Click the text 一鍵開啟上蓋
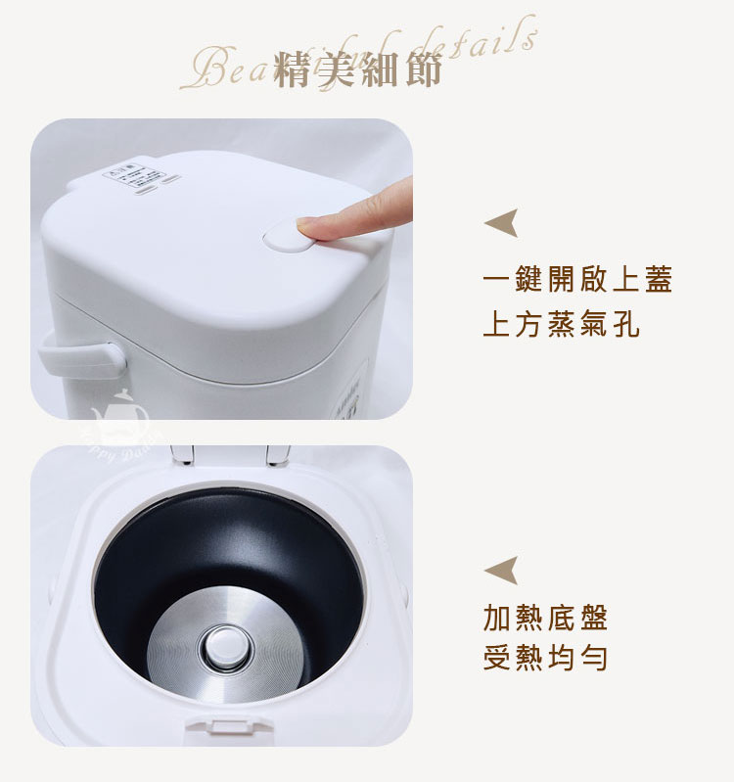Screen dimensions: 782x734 point(577,280)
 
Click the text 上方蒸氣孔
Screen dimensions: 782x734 point(561,325)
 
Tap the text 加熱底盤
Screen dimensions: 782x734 point(545,618)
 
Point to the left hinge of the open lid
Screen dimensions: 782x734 point(182,453)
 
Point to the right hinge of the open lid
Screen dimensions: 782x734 point(276,453)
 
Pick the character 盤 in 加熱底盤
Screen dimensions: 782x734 point(592,618)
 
